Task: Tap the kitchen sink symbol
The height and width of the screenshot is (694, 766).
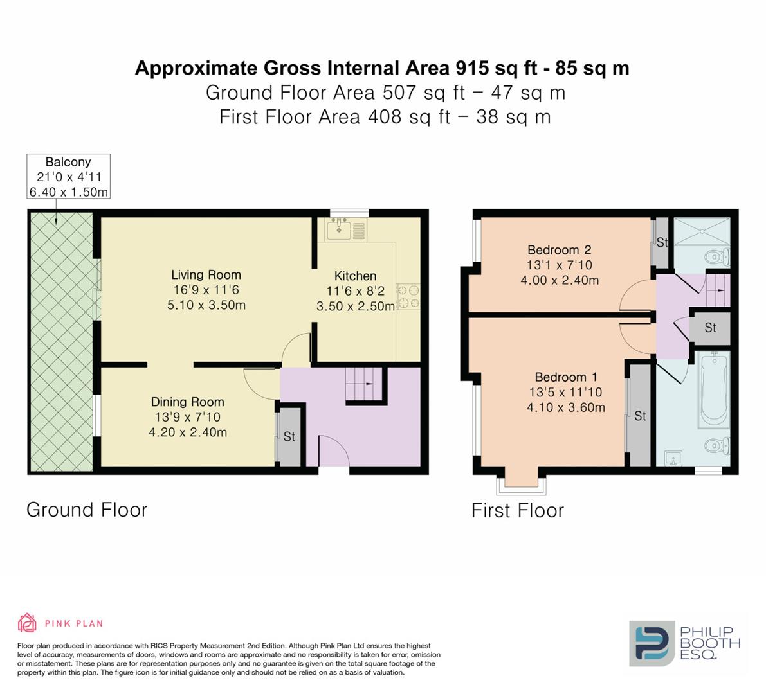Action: [x=338, y=227]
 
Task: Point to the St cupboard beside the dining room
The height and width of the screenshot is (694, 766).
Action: [x=289, y=436]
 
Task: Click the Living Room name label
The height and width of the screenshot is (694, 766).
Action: [x=206, y=275]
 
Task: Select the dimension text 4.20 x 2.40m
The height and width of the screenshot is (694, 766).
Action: [x=188, y=432]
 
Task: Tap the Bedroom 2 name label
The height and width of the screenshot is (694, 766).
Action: [x=559, y=250]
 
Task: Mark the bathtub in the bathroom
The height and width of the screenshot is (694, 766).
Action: [x=713, y=388]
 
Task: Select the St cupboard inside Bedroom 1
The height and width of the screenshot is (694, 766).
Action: [x=639, y=416]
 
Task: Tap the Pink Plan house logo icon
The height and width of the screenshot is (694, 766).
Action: [x=27, y=623]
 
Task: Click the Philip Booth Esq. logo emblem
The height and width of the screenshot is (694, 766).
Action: [x=652, y=643]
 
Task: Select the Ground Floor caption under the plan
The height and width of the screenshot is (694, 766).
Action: [x=87, y=510]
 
